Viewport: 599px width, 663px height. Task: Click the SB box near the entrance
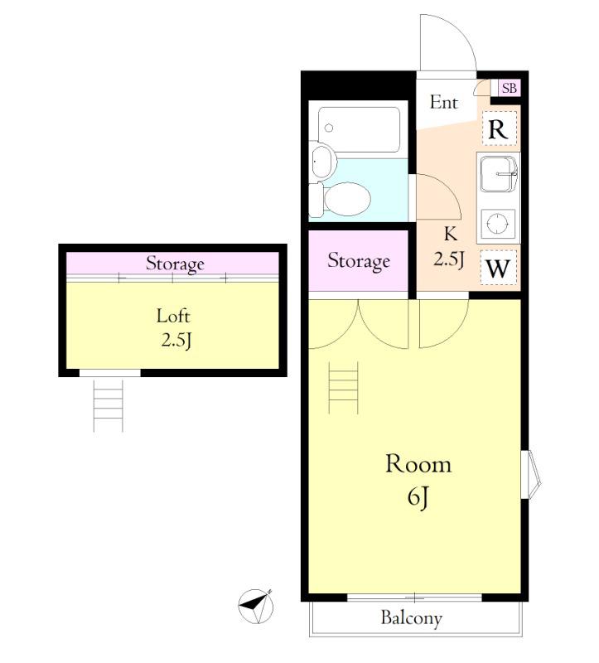(509, 88)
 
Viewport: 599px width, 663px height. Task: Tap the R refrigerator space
(500, 128)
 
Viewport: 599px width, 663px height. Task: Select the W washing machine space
(499, 268)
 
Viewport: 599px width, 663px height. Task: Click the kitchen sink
(499, 174)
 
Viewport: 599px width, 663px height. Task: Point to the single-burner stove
(498, 224)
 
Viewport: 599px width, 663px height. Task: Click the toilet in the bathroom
(340, 199)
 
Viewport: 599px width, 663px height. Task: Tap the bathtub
(359, 129)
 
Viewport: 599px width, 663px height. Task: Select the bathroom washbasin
(323, 161)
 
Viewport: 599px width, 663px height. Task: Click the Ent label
(443, 102)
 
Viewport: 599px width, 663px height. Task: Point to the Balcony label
(411, 618)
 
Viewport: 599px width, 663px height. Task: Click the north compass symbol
(255, 607)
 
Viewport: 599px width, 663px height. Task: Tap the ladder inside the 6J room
(343, 387)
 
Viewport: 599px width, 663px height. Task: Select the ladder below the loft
(109, 405)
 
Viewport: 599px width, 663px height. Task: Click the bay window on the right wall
(531, 474)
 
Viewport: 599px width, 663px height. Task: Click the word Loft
(173, 316)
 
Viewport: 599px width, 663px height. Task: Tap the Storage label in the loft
(175, 264)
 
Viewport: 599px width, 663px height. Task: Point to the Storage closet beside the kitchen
(359, 261)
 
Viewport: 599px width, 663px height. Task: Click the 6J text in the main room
(418, 496)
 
